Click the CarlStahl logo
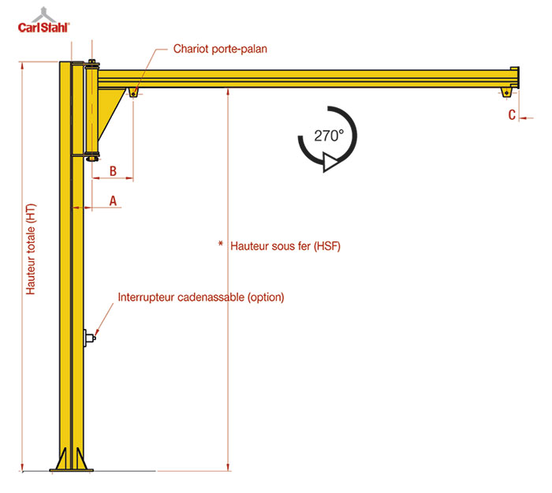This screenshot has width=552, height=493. pos(44,21)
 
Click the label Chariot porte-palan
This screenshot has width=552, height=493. pos(220,49)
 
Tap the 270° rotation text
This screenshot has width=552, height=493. pos(329,136)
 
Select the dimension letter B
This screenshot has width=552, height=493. pos(113,171)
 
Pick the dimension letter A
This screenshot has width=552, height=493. pos(113,200)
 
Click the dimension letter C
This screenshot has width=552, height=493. pos(512,115)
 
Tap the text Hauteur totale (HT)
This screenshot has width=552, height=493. pos(31,249)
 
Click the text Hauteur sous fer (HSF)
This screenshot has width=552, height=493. pos(285,246)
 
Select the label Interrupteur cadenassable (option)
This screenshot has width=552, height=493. pos(200,297)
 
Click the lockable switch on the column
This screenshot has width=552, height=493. pos(90,338)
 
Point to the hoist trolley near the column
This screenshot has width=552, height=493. pos(133,92)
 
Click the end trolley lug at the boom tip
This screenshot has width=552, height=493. pos(507,92)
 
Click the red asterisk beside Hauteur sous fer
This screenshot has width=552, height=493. pos(221,243)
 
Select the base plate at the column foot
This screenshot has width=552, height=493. pos(72,470)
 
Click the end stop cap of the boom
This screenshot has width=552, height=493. pos(514,77)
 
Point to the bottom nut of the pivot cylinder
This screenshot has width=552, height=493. pos(92,159)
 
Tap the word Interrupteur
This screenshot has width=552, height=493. pos(147,297)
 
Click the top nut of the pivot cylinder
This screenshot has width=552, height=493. pos(92,62)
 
